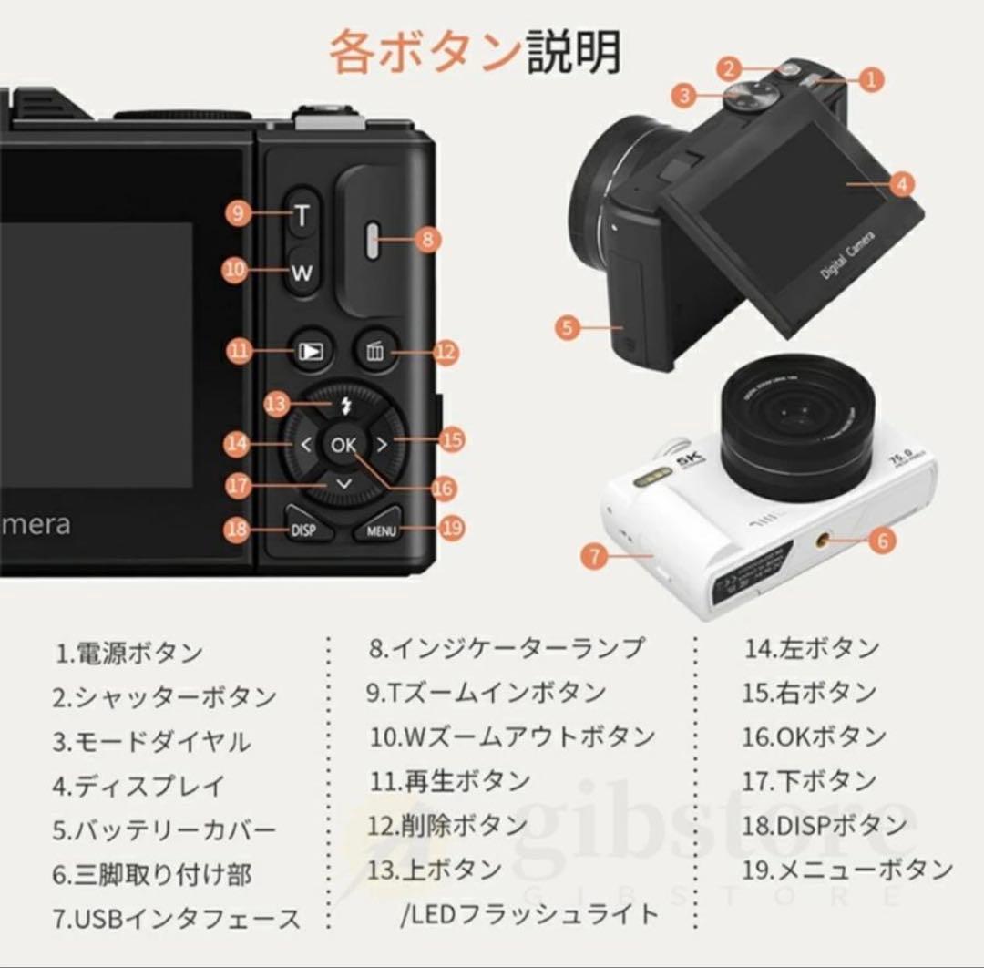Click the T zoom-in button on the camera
pos(302,215)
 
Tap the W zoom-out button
pos(302,272)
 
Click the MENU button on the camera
pos(379,530)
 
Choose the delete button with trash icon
pos(374,352)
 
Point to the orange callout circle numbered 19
pos(451,526)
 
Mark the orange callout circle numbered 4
pos(900,184)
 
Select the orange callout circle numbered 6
pos(881,541)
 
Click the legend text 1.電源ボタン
pos(128,653)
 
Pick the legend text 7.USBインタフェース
pos(176,918)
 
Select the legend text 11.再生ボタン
pos(449,781)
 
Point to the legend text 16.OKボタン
pos(814,736)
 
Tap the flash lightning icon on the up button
pos(344,407)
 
